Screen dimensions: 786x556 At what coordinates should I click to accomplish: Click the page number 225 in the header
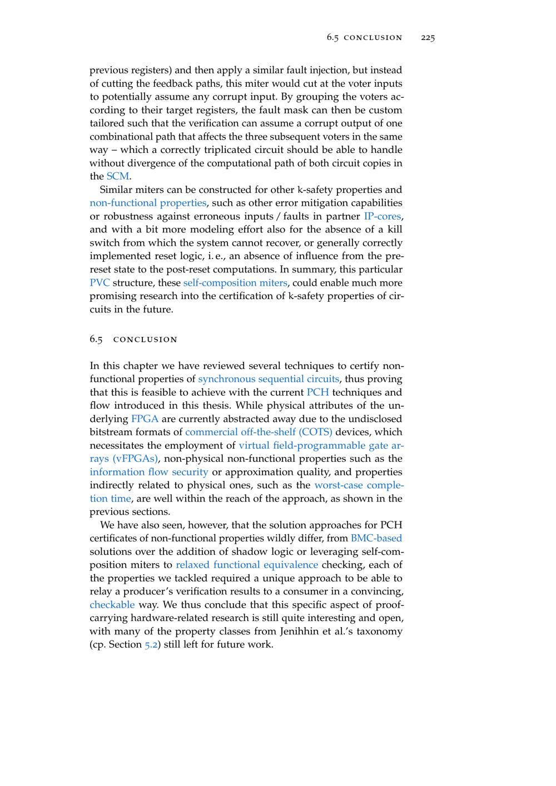[x=428, y=38]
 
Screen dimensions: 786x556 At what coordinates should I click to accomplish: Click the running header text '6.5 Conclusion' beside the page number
[x=364, y=38]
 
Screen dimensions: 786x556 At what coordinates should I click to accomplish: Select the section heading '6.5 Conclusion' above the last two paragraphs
[x=133, y=339]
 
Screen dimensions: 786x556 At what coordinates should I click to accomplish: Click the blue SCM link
[x=117, y=176]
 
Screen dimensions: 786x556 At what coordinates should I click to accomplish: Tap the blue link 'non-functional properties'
[x=148, y=203]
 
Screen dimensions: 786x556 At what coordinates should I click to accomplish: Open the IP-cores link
[x=383, y=216]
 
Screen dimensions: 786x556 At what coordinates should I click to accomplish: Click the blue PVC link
[x=100, y=282]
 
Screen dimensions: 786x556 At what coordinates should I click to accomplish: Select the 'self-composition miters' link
[x=235, y=282]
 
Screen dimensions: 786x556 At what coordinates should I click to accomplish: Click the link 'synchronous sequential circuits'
[x=269, y=379]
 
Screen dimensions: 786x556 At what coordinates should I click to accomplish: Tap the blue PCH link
[x=317, y=392]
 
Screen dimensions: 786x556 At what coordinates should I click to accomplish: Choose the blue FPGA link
[x=145, y=419]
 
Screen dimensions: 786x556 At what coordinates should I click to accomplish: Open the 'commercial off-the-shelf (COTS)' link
[x=259, y=432]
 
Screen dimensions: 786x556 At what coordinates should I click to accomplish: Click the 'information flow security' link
[x=149, y=472]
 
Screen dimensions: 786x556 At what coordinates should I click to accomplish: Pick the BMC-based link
[x=376, y=538]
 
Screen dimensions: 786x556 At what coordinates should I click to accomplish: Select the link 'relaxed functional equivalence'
[x=247, y=565]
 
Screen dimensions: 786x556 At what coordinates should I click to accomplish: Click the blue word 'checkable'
[x=112, y=605]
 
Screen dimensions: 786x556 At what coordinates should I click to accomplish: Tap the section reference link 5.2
[x=151, y=645]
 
